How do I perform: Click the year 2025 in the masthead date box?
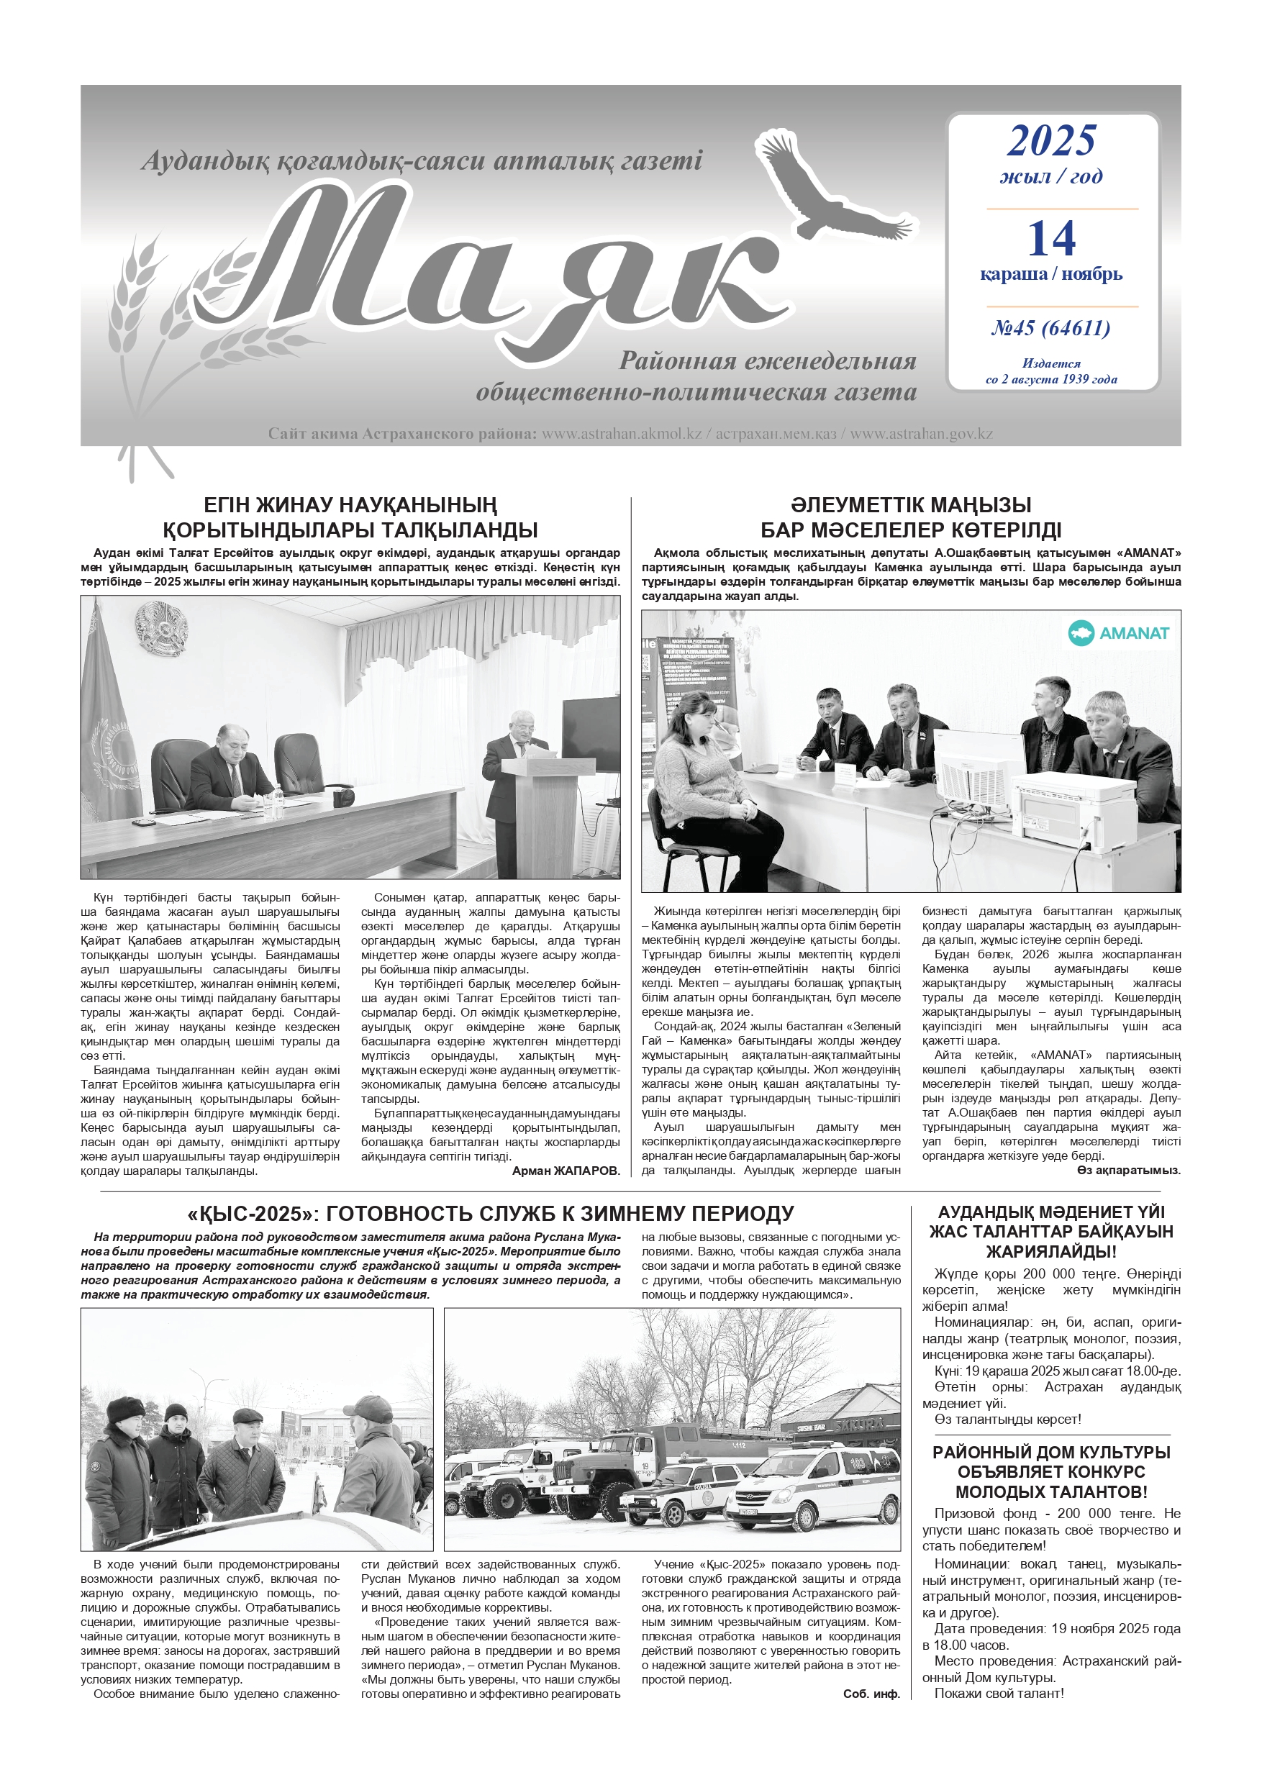coord(1050,141)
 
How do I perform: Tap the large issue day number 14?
coord(1050,239)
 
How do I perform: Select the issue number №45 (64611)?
coord(1050,328)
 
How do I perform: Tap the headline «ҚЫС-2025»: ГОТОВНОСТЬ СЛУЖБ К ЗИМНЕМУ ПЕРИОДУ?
coord(490,1214)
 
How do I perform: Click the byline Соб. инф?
coord(871,1693)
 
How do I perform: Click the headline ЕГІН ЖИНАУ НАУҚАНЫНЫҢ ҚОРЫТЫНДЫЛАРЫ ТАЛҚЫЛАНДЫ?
coord(350,517)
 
